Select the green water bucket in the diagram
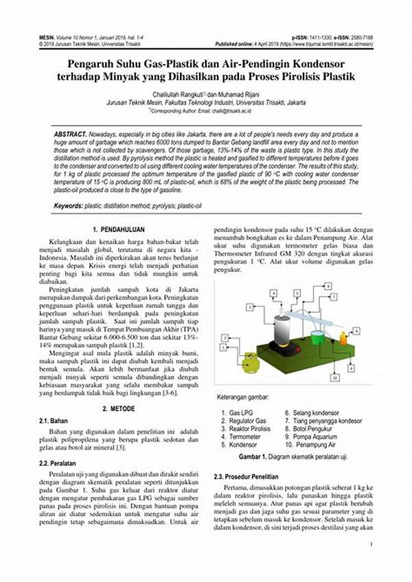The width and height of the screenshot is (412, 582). (x=318, y=338)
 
